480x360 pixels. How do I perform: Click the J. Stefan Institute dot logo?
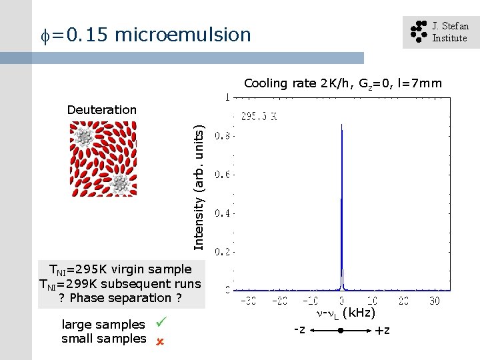(417, 32)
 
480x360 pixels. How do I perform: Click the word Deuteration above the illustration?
(101, 110)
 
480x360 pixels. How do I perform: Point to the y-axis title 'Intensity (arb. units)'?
(198, 189)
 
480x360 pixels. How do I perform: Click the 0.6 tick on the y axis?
(223, 175)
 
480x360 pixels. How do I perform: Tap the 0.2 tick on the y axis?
(223, 252)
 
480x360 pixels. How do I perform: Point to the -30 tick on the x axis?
(248, 301)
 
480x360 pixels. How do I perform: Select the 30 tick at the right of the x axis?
(434, 301)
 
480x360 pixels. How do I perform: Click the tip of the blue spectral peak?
(342, 125)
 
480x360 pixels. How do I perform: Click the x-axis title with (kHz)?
(345, 313)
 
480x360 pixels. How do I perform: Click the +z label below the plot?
(383, 331)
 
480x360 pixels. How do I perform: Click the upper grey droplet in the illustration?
(84, 137)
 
